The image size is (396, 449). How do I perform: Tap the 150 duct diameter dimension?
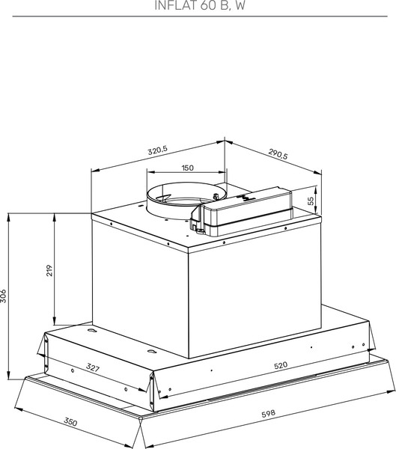coord(188,168)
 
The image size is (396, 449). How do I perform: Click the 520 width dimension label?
coord(281,365)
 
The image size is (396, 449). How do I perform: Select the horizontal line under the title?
coord(198,16)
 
